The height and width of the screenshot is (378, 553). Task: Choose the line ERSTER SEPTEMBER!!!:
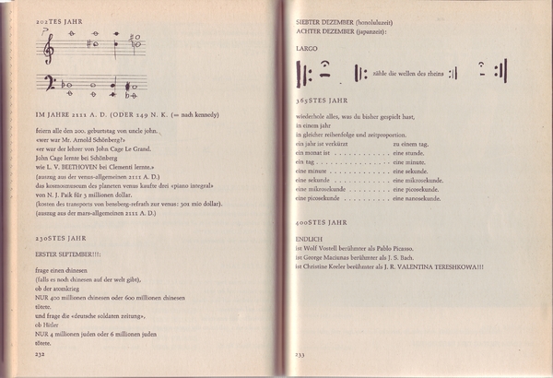65,254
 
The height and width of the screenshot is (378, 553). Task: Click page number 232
40,351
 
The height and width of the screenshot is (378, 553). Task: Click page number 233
300,355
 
